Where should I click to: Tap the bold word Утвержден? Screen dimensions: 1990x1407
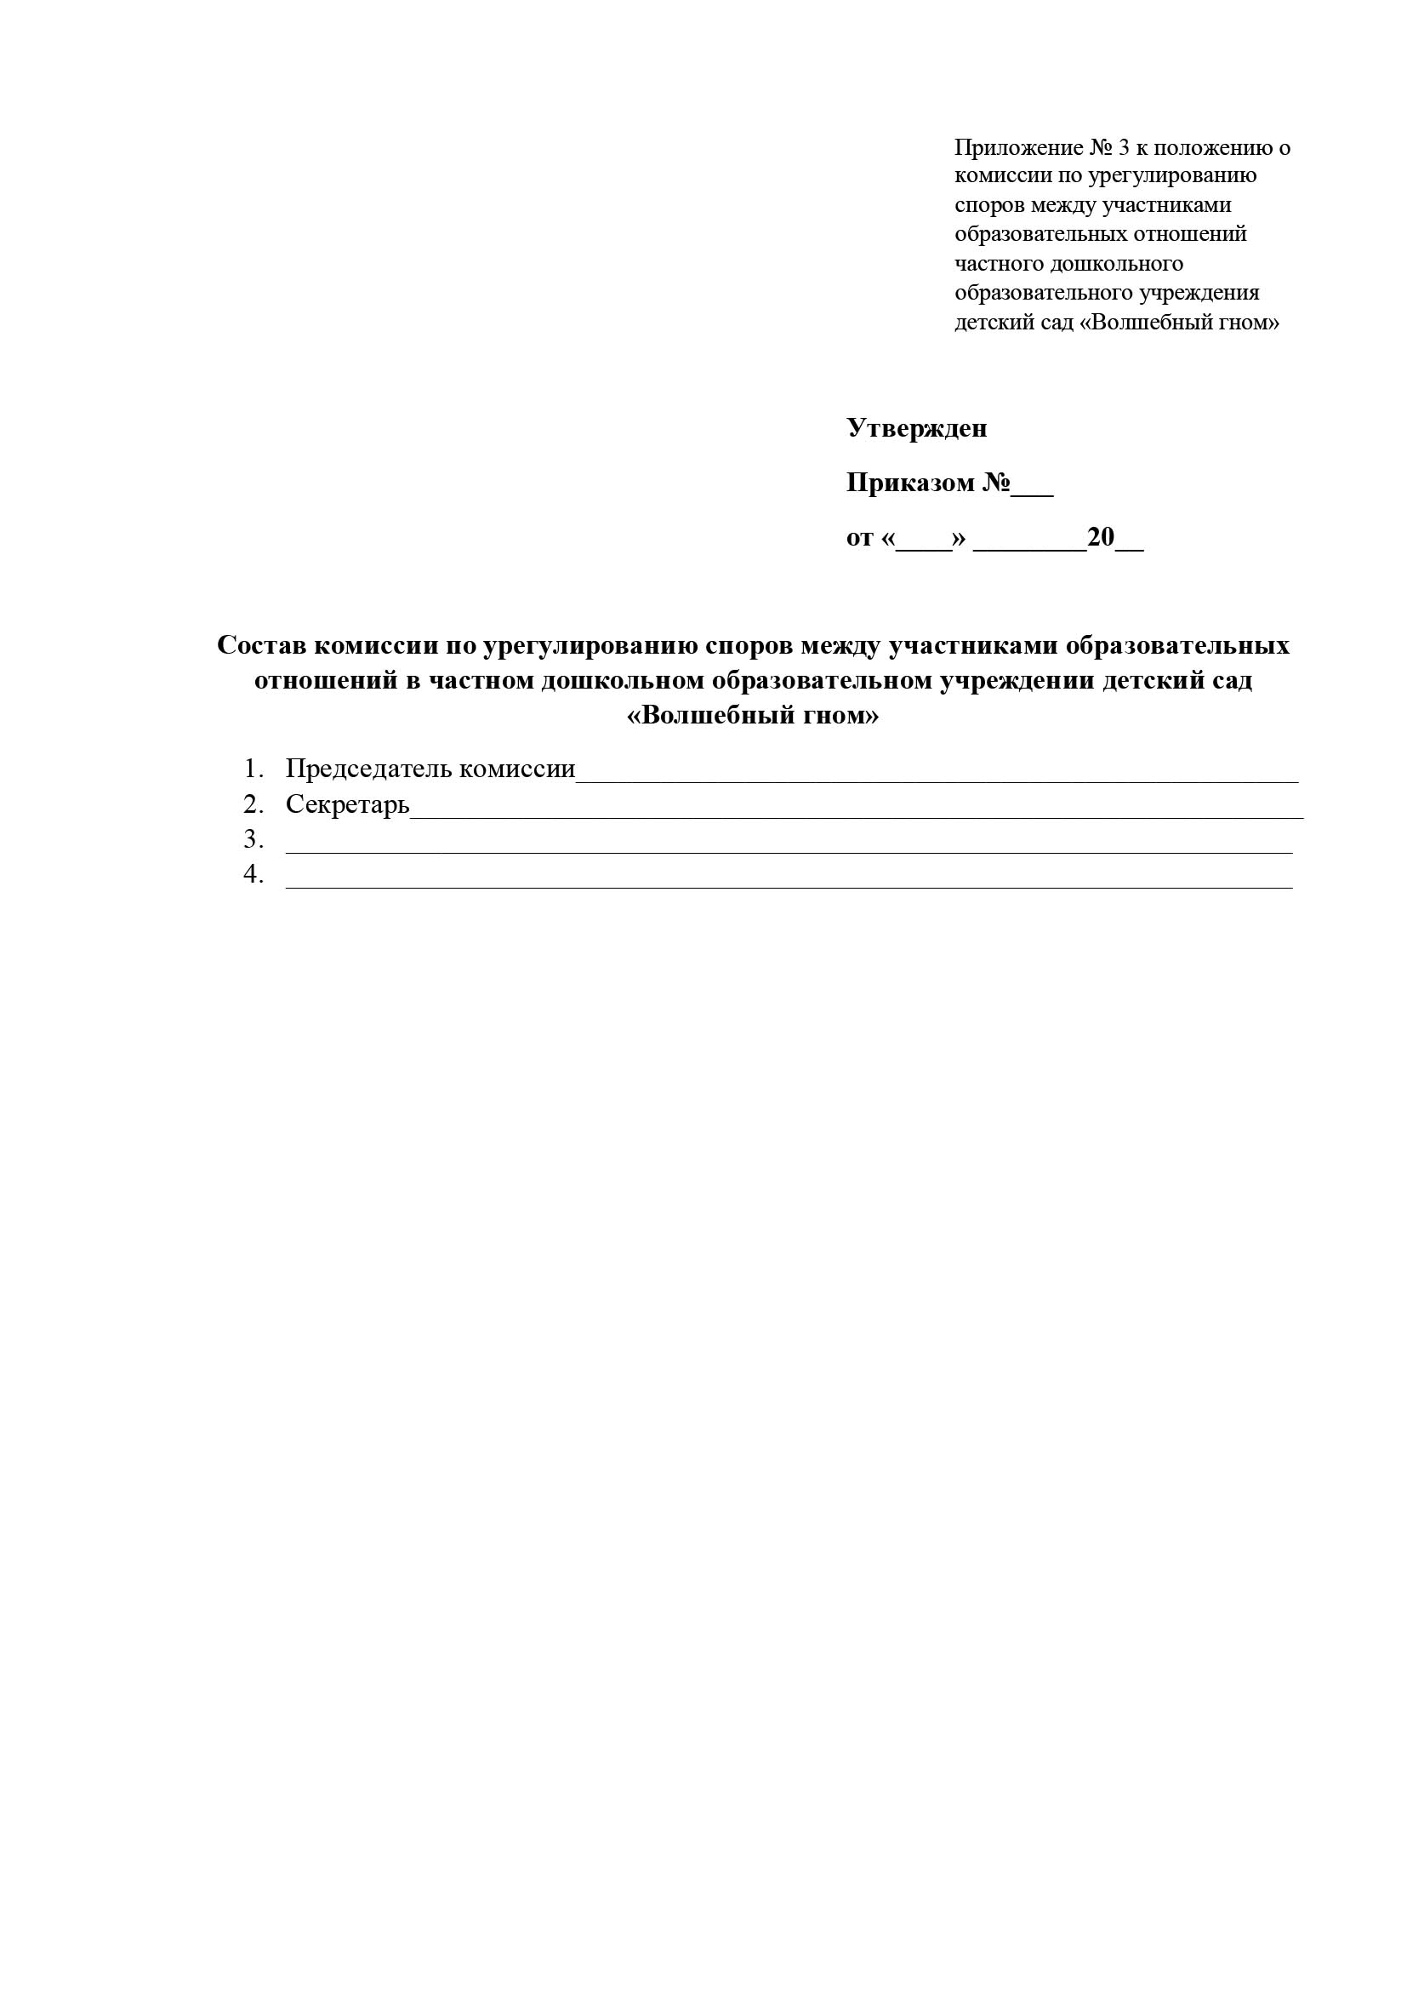917,428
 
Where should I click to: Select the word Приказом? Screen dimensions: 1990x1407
909,483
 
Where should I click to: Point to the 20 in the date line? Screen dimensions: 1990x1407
1100,537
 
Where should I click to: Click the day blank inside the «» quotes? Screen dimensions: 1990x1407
924,544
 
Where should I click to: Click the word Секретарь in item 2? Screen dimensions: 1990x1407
347,805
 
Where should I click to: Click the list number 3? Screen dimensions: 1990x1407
252,840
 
